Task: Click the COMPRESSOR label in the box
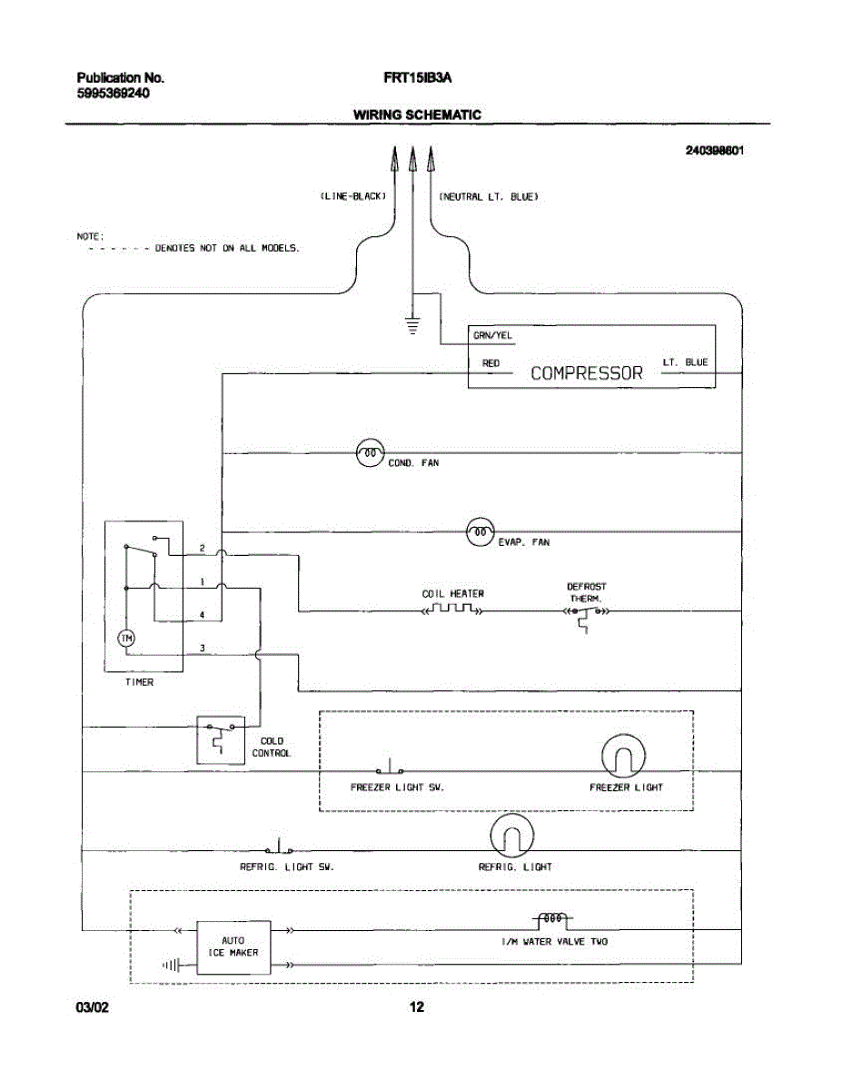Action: [x=586, y=373]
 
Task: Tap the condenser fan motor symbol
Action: [x=370, y=453]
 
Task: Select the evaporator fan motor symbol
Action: [x=480, y=531]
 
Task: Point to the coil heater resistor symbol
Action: [x=453, y=609]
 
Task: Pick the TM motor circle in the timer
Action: [x=126, y=639]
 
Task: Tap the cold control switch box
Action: [x=221, y=740]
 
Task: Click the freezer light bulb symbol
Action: [x=623, y=756]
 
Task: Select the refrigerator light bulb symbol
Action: [x=512, y=835]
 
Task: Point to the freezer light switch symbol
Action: [x=391, y=767]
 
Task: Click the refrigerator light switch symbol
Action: [x=280, y=847]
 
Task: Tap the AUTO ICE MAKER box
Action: [x=233, y=947]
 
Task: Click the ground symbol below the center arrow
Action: [x=412, y=325]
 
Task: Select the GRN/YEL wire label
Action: [x=493, y=335]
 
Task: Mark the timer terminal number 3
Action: [x=202, y=648]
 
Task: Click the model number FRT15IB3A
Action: [x=418, y=78]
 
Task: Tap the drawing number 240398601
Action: [x=715, y=151]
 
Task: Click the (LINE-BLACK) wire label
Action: [x=353, y=196]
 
